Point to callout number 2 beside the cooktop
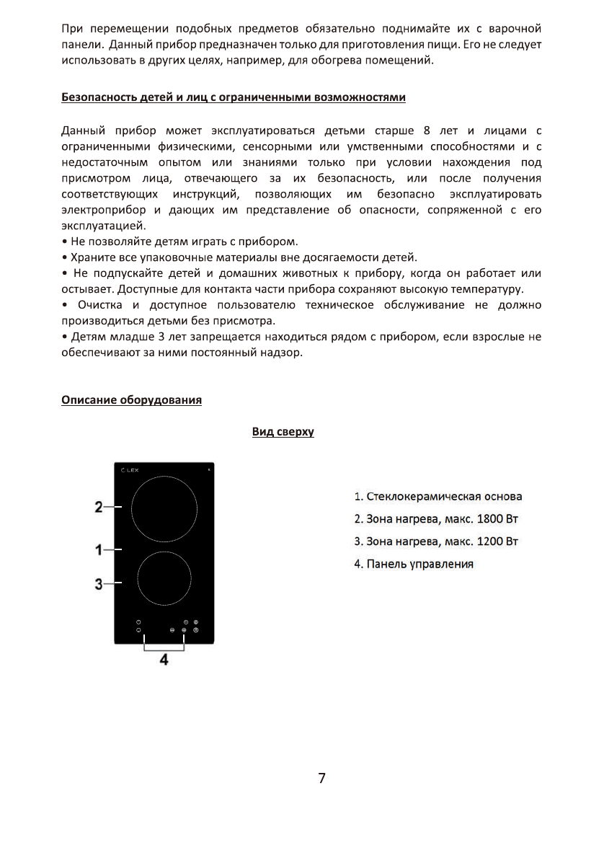click(99, 507)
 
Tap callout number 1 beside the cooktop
click(99, 550)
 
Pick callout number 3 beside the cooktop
click(99, 583)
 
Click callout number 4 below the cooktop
click(164, 660)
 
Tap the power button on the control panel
click(195, 630)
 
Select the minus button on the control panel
click(172, 630)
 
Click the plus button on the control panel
click(184, 630)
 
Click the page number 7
click(321, 778)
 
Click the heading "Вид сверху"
click(283, 432)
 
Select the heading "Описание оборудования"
click(131, 400)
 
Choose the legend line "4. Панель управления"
click(414, 564)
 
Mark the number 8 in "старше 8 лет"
click(427, 131)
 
